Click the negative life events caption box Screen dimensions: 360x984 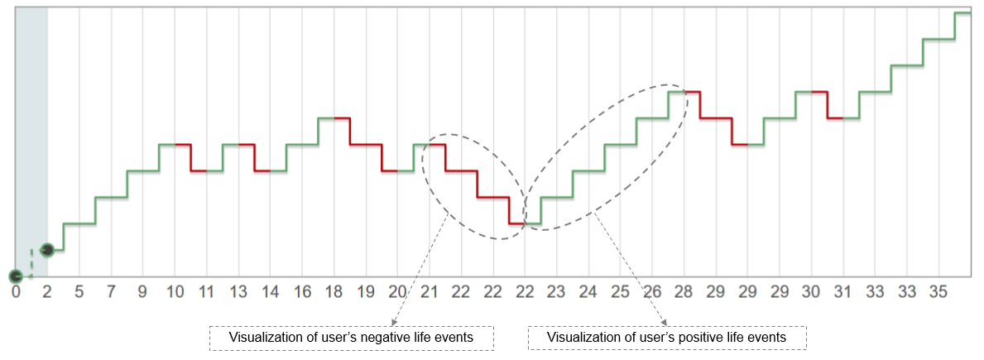pyautogui.click(x=351, y=338)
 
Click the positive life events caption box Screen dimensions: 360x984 pyautogui.click(x=667, y=338)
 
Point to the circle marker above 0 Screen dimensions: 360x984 pyautogui.click(x=16, y=276)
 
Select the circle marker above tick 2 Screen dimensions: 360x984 pyautogui.click(x=47, y=249)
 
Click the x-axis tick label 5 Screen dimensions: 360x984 pyautogui.click(x=79, y=291)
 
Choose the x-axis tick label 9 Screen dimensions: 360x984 pyautogui.click(x=143, y=291)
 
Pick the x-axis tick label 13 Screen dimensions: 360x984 pyautogui.click(x=238, y=291)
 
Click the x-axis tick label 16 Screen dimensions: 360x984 pyautogui.click(x=302, y=291)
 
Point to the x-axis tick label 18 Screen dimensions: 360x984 pyautogui.click(x=334, y=291)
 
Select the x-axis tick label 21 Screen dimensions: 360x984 pyautogui.click(x=430, y=291)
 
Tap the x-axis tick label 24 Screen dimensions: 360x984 pyautogui.click(x=588, y=291)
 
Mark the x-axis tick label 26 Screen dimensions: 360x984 pyautogui.click(x=652, y=291)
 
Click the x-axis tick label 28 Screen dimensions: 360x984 pyautogui.click(x=684, y=291)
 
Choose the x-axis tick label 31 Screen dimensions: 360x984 pyautogui.click(x=842, y=291)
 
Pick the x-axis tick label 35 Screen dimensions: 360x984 pyautogui.click(x=938, y=291)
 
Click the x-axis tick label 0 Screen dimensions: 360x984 pyautogui.click(x=16, y=291)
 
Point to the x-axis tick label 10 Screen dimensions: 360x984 pyautogui.click(x=175, y=291)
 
